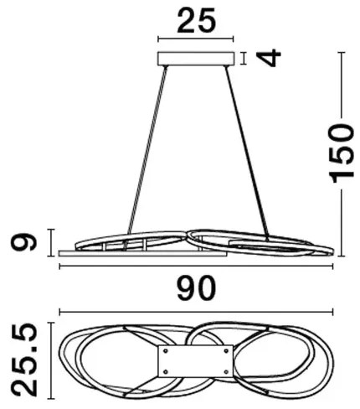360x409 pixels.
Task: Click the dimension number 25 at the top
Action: click(x=197, y=20)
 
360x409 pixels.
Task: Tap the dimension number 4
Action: click(x=270, y=58)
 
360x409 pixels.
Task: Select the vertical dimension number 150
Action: click(x=342, y=153)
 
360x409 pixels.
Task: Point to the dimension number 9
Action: click(x=23, y=242)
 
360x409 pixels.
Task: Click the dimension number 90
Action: click(x=197, y=288)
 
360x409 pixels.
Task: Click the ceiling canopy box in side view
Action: click(x=196, y=59)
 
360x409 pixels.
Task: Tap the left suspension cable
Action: click(x=147, y=149)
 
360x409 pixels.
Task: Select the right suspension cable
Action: click(x=247, y=153)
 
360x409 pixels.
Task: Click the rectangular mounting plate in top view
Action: click(x=195, y=360)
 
